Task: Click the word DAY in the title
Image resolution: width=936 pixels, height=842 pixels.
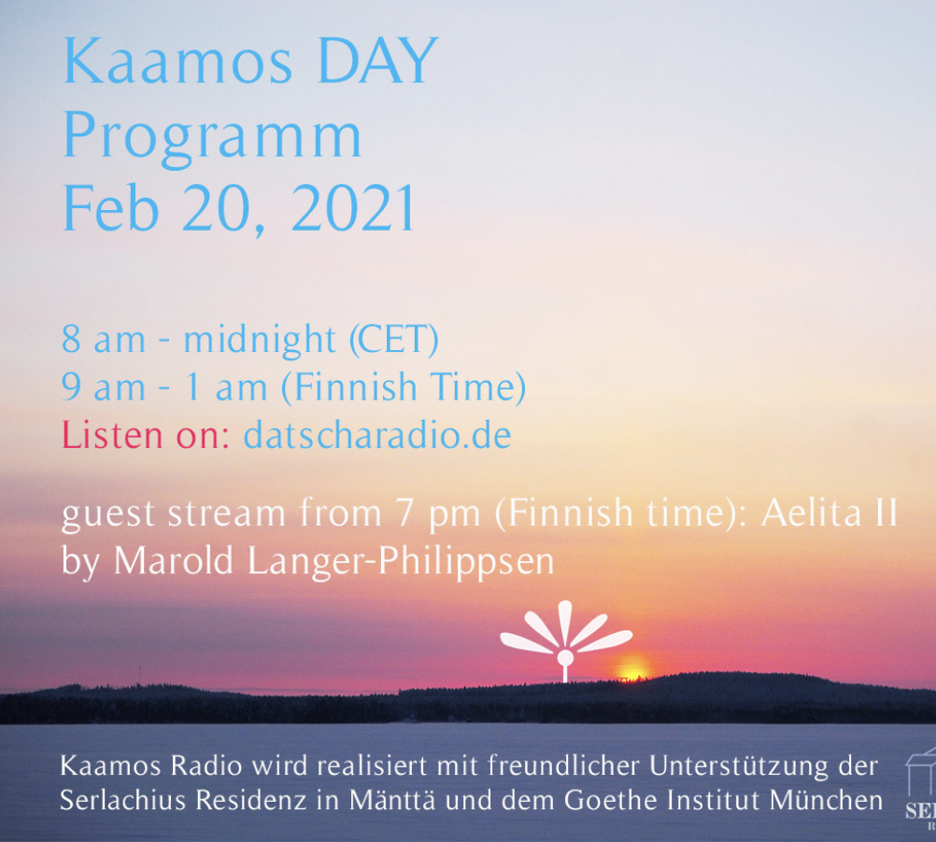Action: point(378,61)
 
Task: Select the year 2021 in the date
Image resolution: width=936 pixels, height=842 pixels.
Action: point(353,208)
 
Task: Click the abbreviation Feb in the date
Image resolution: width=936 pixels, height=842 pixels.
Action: point(110,207)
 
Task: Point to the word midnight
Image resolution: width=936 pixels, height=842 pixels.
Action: point(259,340)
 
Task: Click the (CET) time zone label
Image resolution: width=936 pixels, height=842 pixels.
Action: point(394,340)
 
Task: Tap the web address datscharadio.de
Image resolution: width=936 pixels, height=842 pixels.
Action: point(377,435)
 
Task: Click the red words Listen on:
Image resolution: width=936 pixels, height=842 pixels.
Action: point(146,435)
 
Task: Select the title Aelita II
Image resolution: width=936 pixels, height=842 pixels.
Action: point(830,512)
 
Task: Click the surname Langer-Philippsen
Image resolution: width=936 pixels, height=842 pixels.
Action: point(401,562)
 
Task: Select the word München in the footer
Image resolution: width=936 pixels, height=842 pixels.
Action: point(826,800)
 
